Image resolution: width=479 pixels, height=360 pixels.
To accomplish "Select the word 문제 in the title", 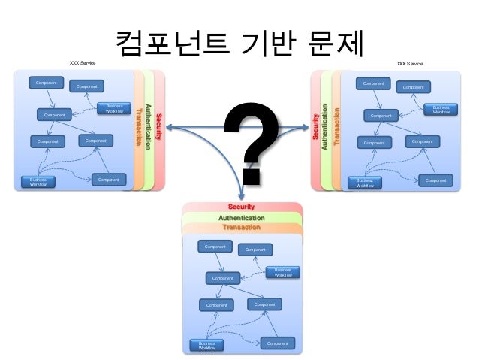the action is (333, 45).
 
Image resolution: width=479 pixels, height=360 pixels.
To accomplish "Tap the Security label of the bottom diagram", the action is (241, 207).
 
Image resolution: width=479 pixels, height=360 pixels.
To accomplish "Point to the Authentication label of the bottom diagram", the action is (241, 218).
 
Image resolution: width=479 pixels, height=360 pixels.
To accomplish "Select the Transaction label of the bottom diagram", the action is (241, 227).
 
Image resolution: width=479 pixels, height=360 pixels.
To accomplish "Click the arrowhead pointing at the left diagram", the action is (170, 129).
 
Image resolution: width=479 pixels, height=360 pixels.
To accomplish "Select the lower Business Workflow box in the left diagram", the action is (38, 183).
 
